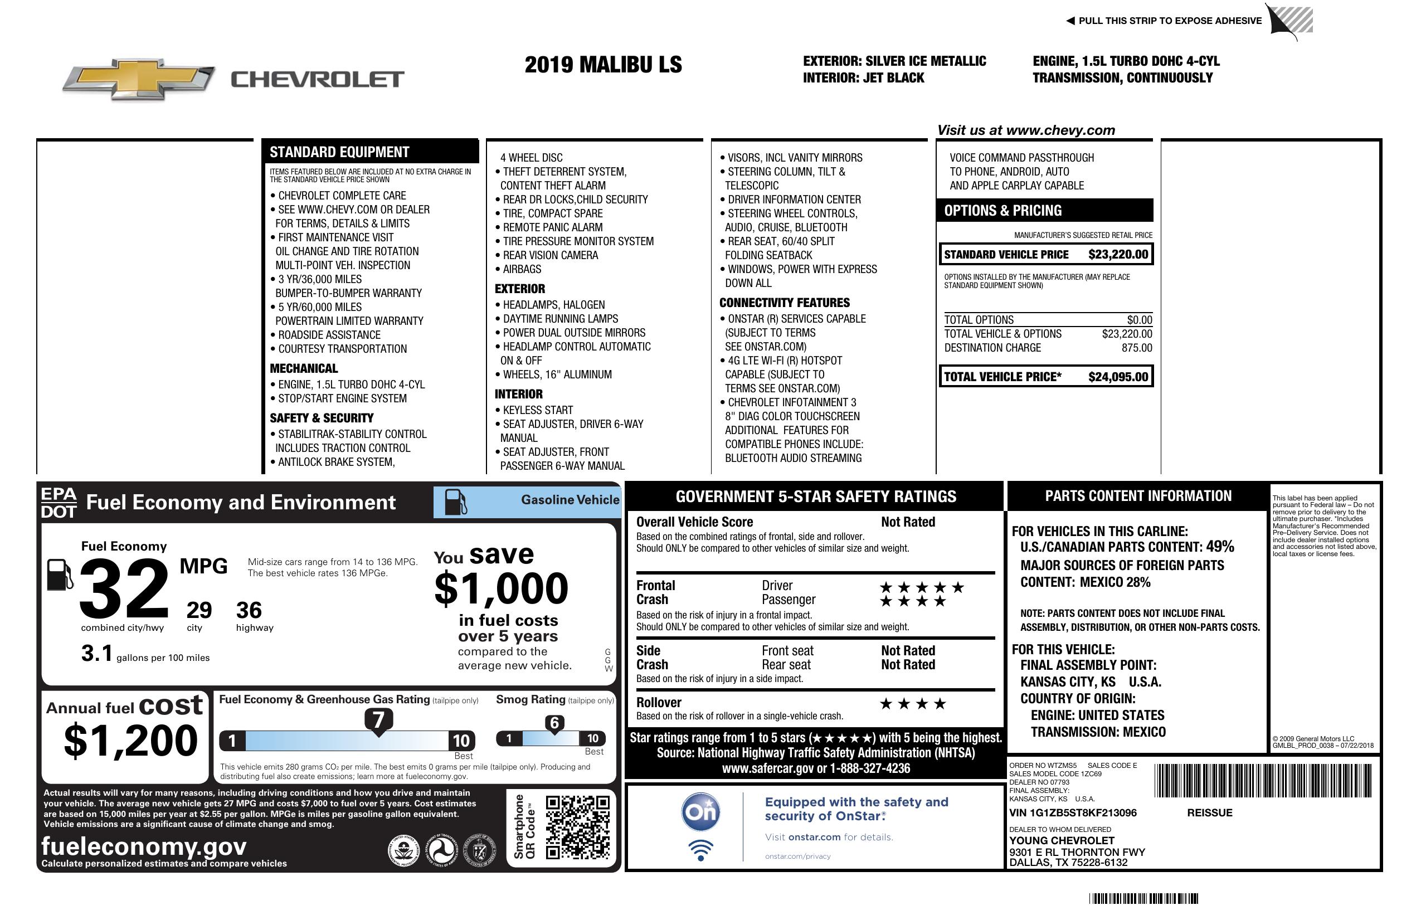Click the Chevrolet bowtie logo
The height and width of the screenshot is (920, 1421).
(x=139, y=79)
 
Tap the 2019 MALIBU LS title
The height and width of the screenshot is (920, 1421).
(x=603, y=65)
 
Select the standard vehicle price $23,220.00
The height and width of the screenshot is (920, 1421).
(x=1118, y=254)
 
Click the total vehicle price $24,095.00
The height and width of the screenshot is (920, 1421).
(x=1118, y=377)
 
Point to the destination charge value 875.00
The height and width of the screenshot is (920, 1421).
(x=1137, y=348)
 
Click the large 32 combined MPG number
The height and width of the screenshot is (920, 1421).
(x=124, y=588)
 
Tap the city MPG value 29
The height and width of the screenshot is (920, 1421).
(x=199, y=610)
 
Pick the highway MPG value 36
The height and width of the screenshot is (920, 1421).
(x=249, y=610)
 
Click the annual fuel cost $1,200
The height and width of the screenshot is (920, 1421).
(x=130, y=741)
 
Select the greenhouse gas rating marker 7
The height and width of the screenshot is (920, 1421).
(x=378, y=720)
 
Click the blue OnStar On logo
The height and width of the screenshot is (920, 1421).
(x=700, y=812)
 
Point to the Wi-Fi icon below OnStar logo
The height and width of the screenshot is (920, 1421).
(x=700, y=850)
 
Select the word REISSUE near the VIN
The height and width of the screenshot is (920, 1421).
(x=1210, y=812)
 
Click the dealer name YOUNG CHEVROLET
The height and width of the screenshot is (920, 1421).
(x=1062, y=841)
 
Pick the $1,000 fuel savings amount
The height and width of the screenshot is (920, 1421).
(x=502, y=588)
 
